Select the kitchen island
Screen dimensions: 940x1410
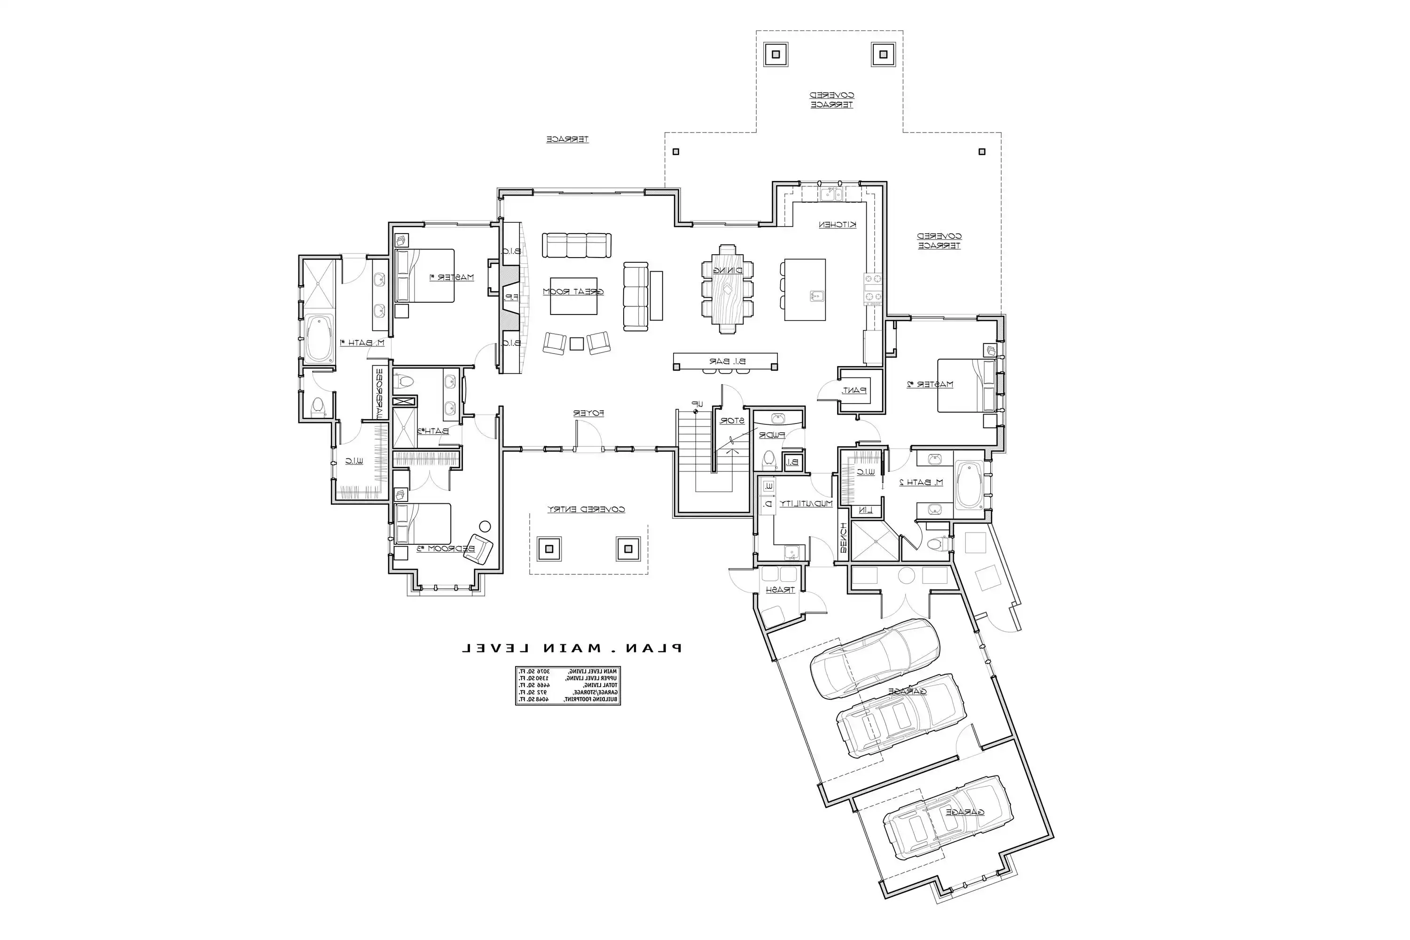805,290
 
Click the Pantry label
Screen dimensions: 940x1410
854,390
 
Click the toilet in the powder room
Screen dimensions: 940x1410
768,461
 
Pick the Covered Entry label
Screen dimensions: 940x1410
586,509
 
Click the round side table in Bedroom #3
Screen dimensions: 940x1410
485,526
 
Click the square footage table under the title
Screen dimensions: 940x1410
568,685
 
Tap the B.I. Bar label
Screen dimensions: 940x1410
727,361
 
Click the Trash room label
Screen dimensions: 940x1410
780,590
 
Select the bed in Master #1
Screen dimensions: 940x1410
424,276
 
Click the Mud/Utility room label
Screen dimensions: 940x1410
805,503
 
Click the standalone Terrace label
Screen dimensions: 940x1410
567,139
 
